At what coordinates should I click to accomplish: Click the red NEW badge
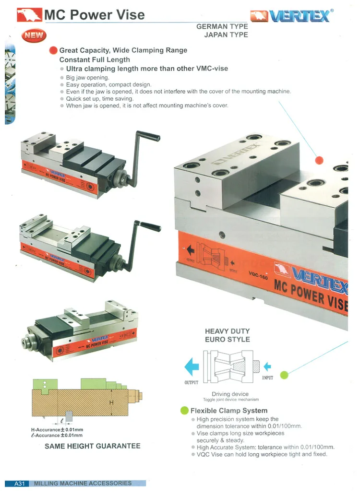[33, 35]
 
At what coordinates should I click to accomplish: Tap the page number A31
[19, 483]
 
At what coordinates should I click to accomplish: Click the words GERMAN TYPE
[222, 27]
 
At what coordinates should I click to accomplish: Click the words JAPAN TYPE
[226, 35]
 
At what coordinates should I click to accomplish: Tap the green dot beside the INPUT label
[284, 375]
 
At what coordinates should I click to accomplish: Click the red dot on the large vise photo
[319, 160]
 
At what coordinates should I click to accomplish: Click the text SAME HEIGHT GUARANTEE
[93, 446]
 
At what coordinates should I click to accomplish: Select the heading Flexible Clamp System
[228, 411]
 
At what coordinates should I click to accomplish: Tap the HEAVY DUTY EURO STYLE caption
[227, 335]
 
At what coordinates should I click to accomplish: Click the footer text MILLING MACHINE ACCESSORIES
[83, 483]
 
